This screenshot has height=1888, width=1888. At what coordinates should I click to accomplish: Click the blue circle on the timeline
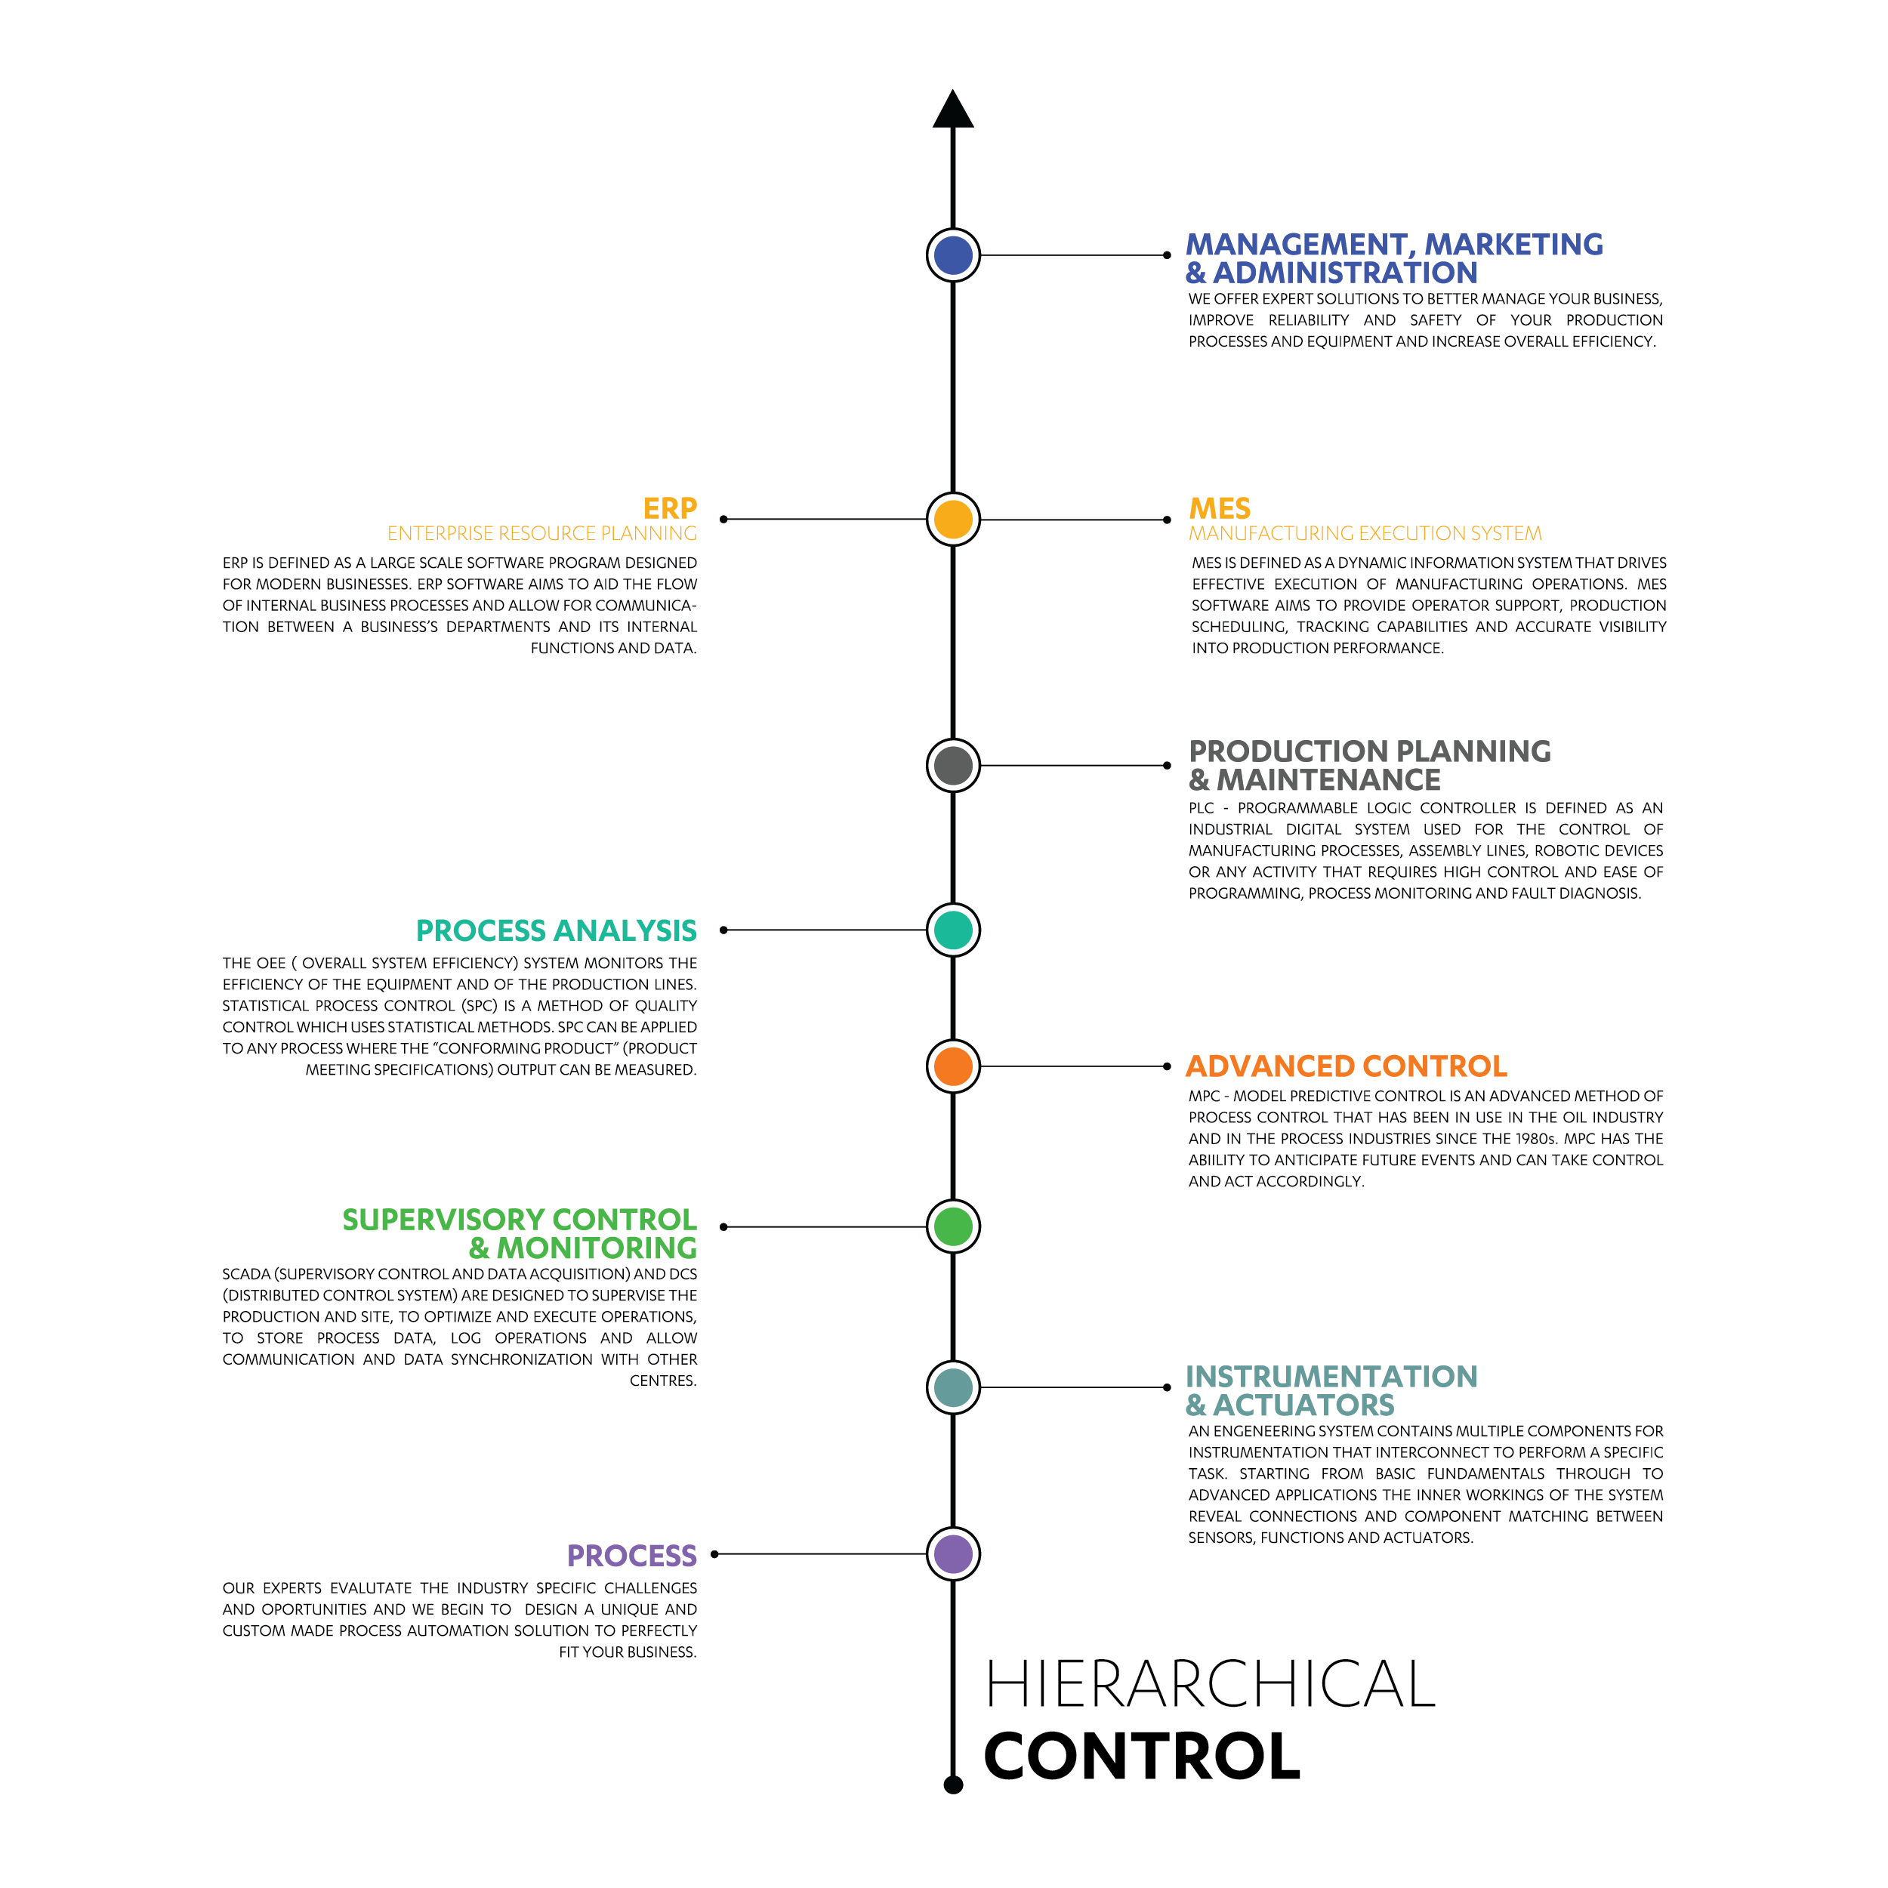tap(953, 255)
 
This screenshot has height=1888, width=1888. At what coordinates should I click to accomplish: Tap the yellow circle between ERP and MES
tap(953, 519)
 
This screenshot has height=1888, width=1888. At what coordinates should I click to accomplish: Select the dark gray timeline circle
tap(953, 765)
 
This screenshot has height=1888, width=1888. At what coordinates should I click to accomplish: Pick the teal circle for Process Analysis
tap(953, 930)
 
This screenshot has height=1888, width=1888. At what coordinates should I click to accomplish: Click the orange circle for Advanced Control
tap(953, 1066)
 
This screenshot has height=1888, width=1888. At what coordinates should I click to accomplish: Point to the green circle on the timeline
tap(953, 1226)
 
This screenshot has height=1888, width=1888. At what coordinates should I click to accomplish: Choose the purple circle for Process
tap(953, 1553)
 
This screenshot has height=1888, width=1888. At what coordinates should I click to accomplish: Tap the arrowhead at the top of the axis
tap(953, 110)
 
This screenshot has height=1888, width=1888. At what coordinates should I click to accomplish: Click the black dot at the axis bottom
tap(954, 1785)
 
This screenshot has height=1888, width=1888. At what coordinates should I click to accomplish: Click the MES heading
tap(1220, 508)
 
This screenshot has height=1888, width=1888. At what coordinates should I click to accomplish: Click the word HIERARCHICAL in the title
tap(1210, 1683)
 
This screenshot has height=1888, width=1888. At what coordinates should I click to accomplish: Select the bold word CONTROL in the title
tap(1141, 1756)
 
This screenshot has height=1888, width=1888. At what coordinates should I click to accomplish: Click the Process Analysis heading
tap(556, 930)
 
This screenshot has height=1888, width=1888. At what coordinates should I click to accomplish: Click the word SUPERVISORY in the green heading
tap(429, 1220)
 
